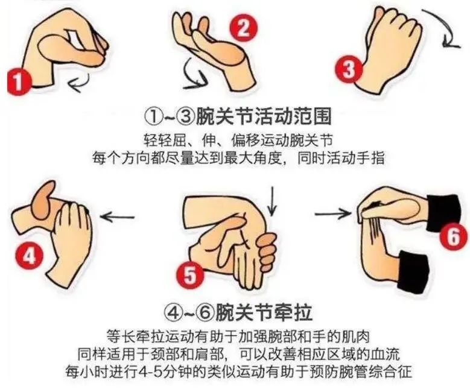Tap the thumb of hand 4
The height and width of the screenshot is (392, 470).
click(46, 200)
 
